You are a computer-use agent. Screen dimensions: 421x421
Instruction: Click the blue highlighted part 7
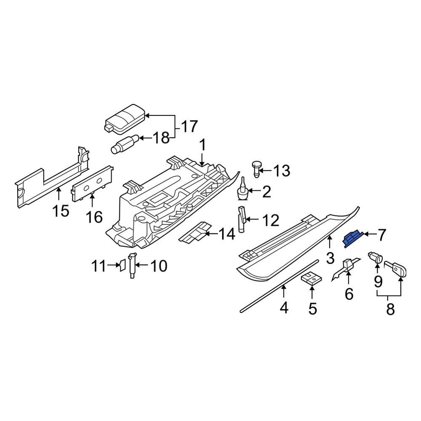click(x=353, y=239)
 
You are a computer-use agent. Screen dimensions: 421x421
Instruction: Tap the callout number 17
click(x=189, y=125)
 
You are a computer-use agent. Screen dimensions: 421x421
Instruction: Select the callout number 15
click(x=61, y=210)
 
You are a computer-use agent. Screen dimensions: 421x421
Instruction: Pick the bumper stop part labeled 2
click(x=242, y=192)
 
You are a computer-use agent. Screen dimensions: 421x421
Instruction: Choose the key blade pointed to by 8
click(x=396, y=269)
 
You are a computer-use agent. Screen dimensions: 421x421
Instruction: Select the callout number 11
click(x=100, y=265)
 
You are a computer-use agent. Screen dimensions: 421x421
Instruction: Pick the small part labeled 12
click(x=242, y=218)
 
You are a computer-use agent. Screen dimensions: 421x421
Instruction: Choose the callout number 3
click(x=330, y=258)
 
